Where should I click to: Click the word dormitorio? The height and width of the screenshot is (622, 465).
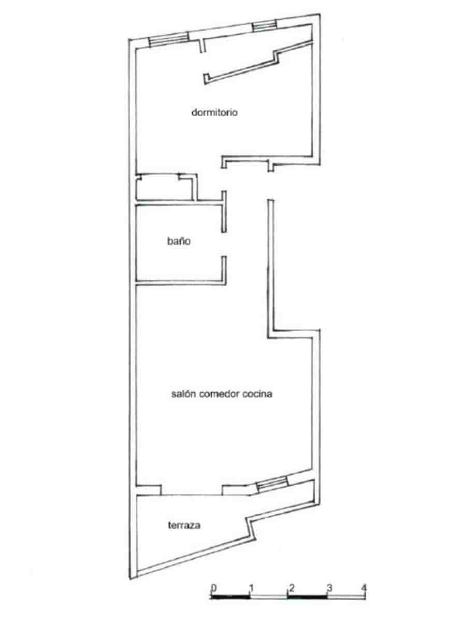214,112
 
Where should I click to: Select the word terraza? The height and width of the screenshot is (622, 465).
184,526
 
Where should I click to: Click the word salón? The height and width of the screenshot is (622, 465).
181,393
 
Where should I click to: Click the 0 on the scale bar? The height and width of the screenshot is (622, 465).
213,588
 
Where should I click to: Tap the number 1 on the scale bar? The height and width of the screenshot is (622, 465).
251,588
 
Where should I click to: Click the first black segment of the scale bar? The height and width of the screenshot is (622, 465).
232,597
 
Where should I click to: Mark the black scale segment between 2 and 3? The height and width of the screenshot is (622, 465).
308,597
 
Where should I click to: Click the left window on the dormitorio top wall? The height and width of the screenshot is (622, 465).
168,41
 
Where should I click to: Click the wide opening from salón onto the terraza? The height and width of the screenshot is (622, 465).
192,490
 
